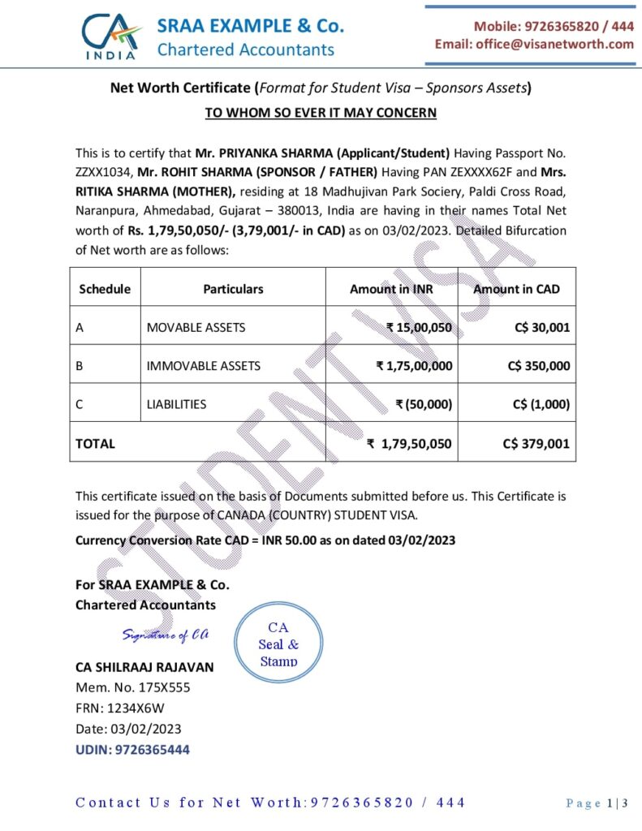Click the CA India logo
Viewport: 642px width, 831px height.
(x=112, y=36)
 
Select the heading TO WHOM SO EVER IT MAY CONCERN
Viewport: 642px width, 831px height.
(x=321, y=113)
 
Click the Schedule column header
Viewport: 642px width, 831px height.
(x=104, y=288)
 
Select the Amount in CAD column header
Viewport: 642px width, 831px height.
(x=516, y=288)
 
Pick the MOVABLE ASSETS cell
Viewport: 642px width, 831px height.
(x=196, y=327)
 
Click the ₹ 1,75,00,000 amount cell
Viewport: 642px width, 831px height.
(x=414, y=366)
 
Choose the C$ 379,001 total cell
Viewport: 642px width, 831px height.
(x=536, y=444)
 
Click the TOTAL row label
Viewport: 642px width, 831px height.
(x=96, y=444)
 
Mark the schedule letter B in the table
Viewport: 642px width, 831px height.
(x=80, y=366)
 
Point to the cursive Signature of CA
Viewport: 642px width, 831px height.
(x=166, y=635)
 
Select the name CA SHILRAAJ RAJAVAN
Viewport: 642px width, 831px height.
(x=144, y=667)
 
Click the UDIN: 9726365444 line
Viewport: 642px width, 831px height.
(x=132, y=750)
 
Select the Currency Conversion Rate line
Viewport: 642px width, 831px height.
(x=265, y=540)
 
